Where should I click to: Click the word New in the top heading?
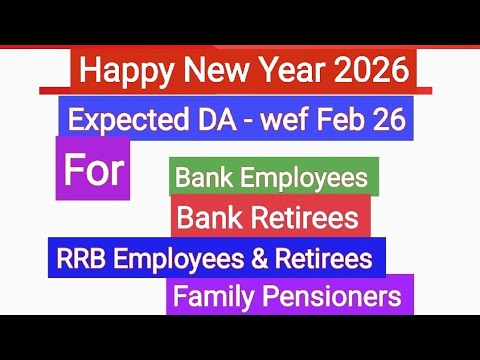(209, 71)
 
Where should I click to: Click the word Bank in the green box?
(204, 179)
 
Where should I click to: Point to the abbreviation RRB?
(80, 259)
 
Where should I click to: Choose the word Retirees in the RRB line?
(324, 259)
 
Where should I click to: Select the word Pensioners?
(331, 297)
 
